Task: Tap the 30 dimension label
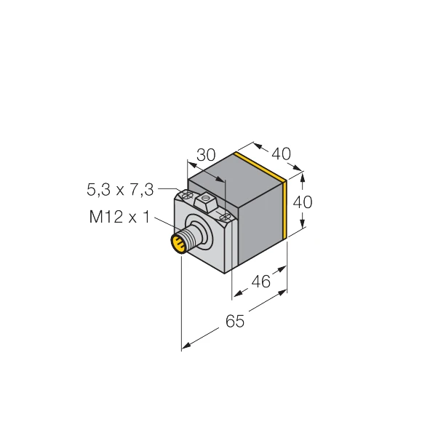[x=207, y=155]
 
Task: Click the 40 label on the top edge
[x=281, y=154]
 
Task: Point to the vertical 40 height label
[x=303, y=202]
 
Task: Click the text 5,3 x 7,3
[x=120, y=190]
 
